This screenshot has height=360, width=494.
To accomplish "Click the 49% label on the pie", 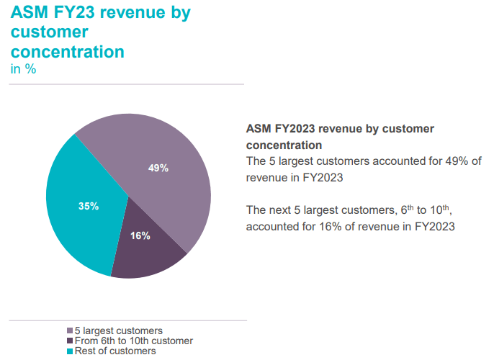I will tap(158, 168).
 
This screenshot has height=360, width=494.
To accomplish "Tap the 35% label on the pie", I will tap(89, 206).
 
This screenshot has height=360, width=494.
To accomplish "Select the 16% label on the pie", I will tap(140, 236).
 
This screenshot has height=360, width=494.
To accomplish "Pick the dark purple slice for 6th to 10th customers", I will tap(148, 252).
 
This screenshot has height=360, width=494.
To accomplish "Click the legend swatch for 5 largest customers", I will tap(70, 331).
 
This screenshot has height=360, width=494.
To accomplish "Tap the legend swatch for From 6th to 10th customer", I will tap(70, 341).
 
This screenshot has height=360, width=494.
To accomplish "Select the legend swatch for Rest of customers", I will tap(70, 351).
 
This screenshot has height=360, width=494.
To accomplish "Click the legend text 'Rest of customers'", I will tap(115, 351).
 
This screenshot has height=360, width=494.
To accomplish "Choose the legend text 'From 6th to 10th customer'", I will tap(134, 341).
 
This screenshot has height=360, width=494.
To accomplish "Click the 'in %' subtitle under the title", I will tap(23, 70).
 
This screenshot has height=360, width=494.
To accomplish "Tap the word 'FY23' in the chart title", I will tap(79, 14).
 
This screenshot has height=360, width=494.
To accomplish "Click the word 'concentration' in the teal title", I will tap(67, 51).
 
